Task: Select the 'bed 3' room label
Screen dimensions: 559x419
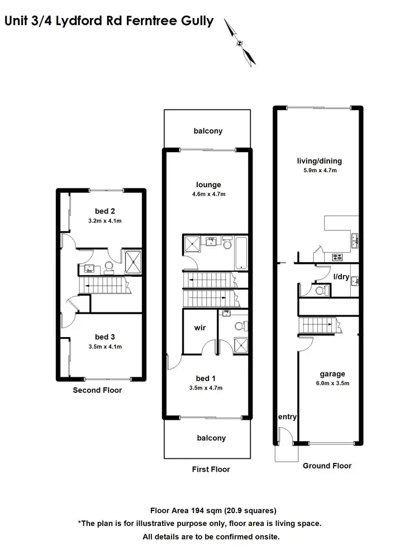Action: point(105,337)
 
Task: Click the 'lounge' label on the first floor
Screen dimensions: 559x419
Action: point(208,184)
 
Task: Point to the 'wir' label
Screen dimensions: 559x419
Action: point(201,328)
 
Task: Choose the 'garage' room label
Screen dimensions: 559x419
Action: point(332,374)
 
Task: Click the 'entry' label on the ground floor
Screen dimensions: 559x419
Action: point(287,417)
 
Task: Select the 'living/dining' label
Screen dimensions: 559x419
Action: point(319,161)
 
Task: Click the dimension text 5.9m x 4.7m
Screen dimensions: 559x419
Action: point(319,170)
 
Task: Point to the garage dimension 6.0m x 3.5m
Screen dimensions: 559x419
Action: point(332,383)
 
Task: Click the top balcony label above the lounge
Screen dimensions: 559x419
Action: point(208,131)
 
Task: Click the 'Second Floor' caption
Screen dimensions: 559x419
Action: point(97,390)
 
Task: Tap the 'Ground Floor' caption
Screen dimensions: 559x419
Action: point(327,466)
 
